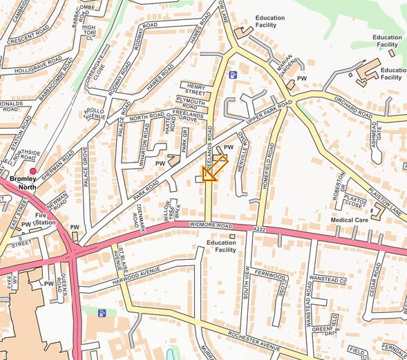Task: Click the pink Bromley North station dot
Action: [x=32, y=171]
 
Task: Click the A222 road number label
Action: [x=259, y=229]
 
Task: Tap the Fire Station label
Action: [x=46, y=219]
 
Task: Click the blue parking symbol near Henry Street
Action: [x=233, y=75]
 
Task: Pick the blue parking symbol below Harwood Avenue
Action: [x=102, y=313]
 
